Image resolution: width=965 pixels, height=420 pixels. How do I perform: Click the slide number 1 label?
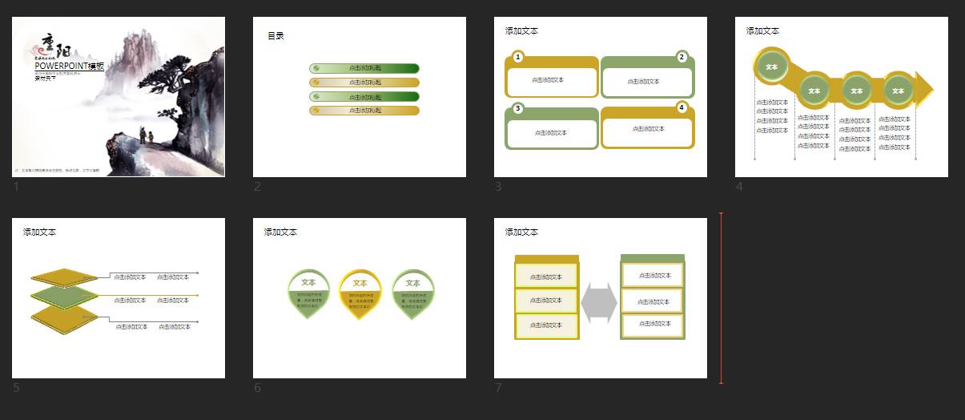pyautogui.click(x=16, y=187)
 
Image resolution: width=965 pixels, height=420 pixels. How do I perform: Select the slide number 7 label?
pyautogui.click(x=498, y=388)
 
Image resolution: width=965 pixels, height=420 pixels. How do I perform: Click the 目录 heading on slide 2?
pyautogui.click(x=275, y=35)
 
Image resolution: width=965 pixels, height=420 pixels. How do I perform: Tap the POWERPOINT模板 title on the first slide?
pyautogui.click(x=69, y=67)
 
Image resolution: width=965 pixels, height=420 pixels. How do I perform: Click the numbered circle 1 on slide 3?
pyautogui.click(x=518, y=57)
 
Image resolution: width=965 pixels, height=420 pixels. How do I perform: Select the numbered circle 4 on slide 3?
pyautogui.click(x=682, y=107)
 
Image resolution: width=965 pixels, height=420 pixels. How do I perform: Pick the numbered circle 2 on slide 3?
pyautogui.click(x=682, y=57)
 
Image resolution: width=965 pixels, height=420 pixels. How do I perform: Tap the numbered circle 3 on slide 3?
pyautogui.click(x=518, y=108)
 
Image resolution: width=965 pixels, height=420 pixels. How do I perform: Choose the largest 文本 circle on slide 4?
pyautogui.click(x=772, y=67)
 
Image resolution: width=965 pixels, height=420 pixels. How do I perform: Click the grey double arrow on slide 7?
pyautogui.click(x=599, y=303)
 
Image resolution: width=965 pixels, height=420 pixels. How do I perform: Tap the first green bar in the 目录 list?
pyautogui.click(x=364, y=68)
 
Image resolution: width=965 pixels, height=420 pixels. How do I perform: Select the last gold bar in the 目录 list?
pyautogui.click(x=364, y=110)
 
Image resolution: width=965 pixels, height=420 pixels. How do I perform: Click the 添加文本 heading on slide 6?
pyautogui.click(x=280, y=232)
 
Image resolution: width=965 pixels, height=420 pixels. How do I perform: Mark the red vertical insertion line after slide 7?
pyautogui.click(x=721, y=298)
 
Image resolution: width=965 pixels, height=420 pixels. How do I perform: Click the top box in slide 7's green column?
pyautogui.click(x=653, y=275)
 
